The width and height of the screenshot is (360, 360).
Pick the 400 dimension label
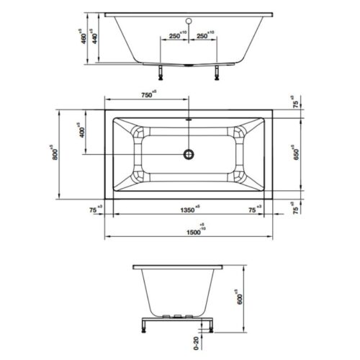click(83, 132)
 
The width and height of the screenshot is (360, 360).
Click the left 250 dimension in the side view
click(174, 35)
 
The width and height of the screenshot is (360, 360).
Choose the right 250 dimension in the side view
click(202, 35)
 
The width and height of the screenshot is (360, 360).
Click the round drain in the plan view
click(189, 153)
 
